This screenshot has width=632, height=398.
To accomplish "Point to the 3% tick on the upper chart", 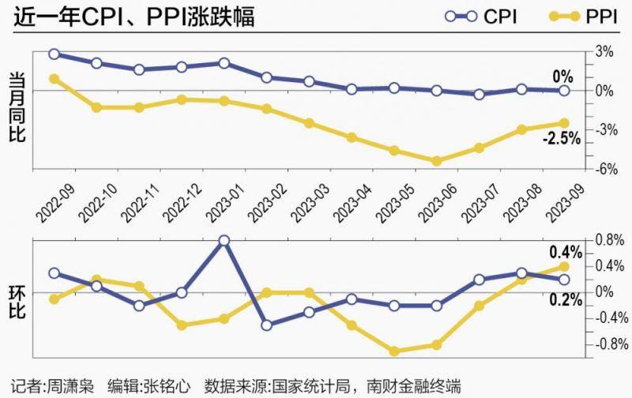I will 604,51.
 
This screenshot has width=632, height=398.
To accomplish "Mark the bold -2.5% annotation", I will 562,139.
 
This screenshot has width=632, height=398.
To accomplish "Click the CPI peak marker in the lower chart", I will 224,240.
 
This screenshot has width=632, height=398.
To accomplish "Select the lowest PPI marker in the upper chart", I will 436,160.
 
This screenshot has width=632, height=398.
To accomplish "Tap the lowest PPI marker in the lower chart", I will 393,351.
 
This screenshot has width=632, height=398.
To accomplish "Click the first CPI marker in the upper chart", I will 54,54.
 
